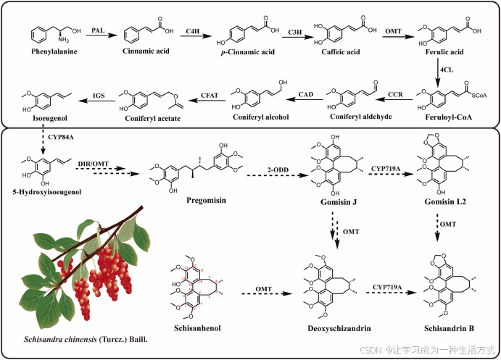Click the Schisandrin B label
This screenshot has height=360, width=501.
click(450, 328)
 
